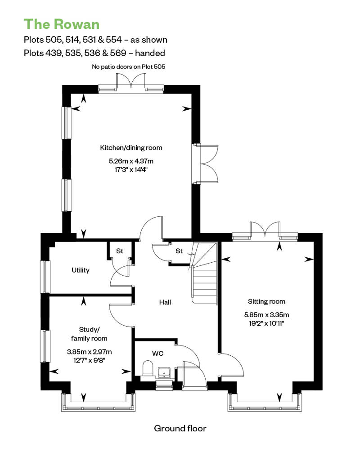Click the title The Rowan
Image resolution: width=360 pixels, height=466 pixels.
click(x=62, y=24)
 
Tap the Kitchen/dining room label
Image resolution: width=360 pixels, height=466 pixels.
click(x=131, y=148)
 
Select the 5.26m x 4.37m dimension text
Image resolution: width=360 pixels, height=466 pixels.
click(x=131, y=161)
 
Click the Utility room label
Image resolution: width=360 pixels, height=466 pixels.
click(x=81, y=270)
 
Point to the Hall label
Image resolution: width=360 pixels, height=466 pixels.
click(x=165, y=302)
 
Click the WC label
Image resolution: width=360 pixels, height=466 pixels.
click(x=158, y=354)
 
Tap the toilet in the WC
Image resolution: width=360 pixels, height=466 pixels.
click(x=148, y=368)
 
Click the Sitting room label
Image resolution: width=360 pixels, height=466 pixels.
click(x=267, y=301)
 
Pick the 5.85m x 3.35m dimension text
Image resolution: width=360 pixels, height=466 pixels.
click(x=267, y=315)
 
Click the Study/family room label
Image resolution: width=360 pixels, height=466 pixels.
click(x=89, y=334)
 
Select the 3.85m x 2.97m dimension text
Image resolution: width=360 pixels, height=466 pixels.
click(x=89, y=352)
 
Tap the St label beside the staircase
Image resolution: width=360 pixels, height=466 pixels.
click(x=179, y=251)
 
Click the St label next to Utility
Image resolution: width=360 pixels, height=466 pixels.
click(x=120, y=251)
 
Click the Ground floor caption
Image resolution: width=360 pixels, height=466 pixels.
click(x=180, y=428)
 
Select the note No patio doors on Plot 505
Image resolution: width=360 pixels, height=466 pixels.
click(x=128, y=67)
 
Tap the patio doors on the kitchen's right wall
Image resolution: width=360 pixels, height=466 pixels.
click(x=206, y=164)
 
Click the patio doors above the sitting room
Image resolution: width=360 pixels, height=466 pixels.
click(x=265, y=230)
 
